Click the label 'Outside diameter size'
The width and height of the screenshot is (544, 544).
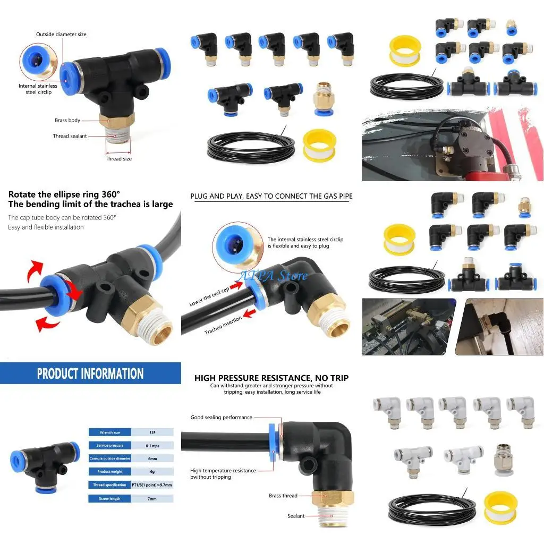tap(61, 35)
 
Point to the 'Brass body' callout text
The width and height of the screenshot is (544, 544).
tap(67, 121)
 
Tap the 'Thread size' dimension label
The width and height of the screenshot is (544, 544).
tap(118, 159)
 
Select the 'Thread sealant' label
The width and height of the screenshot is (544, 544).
tap(70, 137)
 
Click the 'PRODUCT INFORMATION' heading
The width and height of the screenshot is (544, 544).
tap(90, 373)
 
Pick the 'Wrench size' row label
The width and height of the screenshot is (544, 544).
tap(110, 432)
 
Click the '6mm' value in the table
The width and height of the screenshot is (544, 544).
tap(152, 458)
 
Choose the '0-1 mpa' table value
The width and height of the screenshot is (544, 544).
tap(152, 445)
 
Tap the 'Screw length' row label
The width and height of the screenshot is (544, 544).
tap(110, 499)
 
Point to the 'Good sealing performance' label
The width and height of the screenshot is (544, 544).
tap(221, 418)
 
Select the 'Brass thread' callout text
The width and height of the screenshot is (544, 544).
tap(283, 496)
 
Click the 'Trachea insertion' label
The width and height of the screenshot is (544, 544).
tap(223, 325)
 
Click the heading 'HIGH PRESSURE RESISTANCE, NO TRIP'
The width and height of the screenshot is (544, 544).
tap(271, 378)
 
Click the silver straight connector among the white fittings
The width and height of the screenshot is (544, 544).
tap(503, 458)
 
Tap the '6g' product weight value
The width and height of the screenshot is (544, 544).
tap(152, 472)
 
